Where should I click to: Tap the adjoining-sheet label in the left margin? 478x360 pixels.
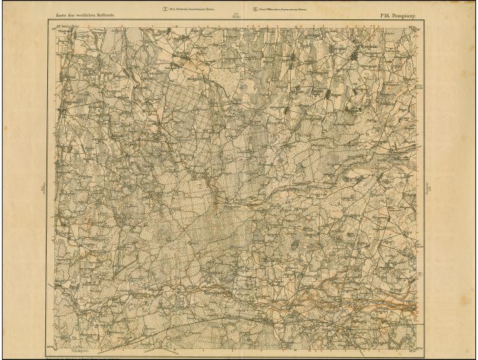(x=43, y=187)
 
